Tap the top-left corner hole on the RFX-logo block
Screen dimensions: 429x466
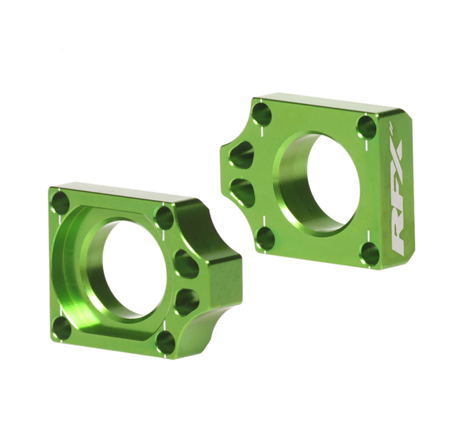pyautogui.click(x=262, y=114)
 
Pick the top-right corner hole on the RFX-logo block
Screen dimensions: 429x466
pyautogui.click(x=367, y=127)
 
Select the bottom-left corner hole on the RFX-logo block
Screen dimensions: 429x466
pyautogui.click(x=265, y=238)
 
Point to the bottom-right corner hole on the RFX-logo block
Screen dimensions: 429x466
pyautogui.click(x=370, y=254)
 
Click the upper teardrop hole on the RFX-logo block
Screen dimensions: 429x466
pyautogui.click(x=242, y=155)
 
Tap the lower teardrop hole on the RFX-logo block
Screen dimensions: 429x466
pyautogui.click(x=243, y=192)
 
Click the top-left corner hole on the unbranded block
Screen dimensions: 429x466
pyautogui.click(x=60, y=203)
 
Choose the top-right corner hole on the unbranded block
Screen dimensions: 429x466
pyautogui.click(x=164, y=217)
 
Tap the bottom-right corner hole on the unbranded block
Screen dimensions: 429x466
pyautogui.click(x=165, y=342)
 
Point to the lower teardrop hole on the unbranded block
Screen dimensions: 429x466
pyautogui.click(x=187, y=302)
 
